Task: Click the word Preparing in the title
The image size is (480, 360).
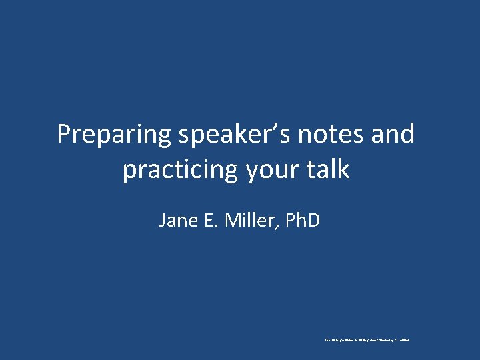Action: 114,135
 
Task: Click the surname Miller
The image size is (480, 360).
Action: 251,220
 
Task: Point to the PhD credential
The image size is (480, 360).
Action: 303,220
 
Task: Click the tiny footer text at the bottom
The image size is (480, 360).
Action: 367,340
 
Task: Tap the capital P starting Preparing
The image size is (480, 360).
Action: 65,135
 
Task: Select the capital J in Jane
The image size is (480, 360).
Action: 163,220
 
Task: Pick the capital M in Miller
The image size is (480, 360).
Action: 233,220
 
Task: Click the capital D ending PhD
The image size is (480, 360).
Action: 314,220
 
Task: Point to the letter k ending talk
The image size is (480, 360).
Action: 343,169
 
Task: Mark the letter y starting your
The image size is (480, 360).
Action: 253,173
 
